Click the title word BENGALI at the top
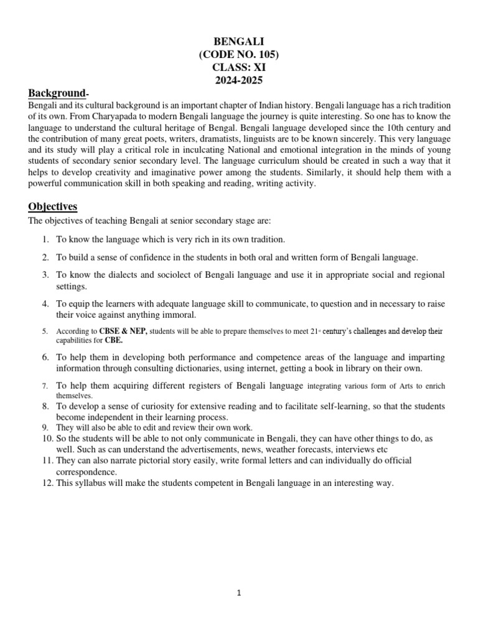[238, 42]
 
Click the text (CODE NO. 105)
[238, 55]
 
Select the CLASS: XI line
[238, 67]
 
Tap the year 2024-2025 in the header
[238, 80]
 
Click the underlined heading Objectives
[53, 206]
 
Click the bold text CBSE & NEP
[126, 331]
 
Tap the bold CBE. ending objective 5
[113, 341]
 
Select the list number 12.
[47, 483]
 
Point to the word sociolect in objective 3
[145, 275]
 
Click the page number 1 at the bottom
[239, 593]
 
